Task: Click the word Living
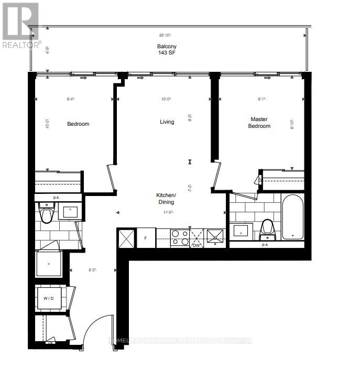167,122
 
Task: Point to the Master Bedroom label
259,123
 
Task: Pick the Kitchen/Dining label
166,198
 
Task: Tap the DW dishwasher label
197,245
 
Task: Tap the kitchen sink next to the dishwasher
215,237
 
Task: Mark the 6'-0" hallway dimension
93,270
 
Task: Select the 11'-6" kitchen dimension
168,212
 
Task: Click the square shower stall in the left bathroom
49,264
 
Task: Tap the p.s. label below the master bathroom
265,244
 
